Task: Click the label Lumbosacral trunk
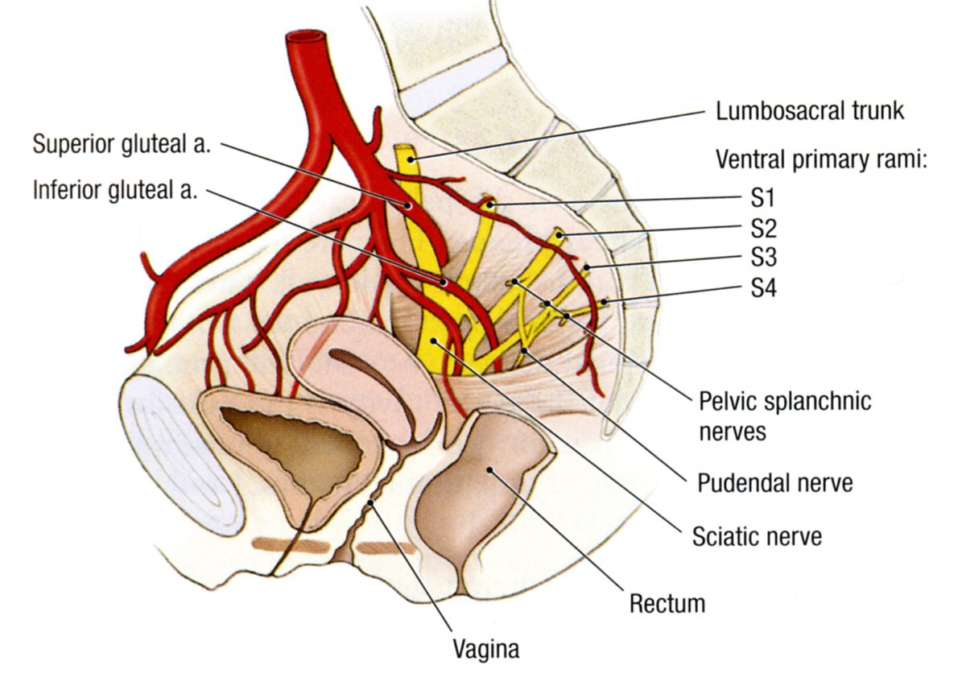[x=810, y=110]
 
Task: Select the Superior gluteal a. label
[x=121, y=145]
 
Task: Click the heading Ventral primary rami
[x=822, y=159]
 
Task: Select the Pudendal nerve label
[x=774, y=483]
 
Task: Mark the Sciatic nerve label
[x=757, y=535]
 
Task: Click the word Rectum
[x=667, y=602]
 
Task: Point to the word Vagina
[x=480, y=648]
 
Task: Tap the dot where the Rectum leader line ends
[x=489, y=467]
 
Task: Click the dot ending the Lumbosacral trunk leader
[x=411, y=159]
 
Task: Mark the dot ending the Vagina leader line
[x=370, y=503]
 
